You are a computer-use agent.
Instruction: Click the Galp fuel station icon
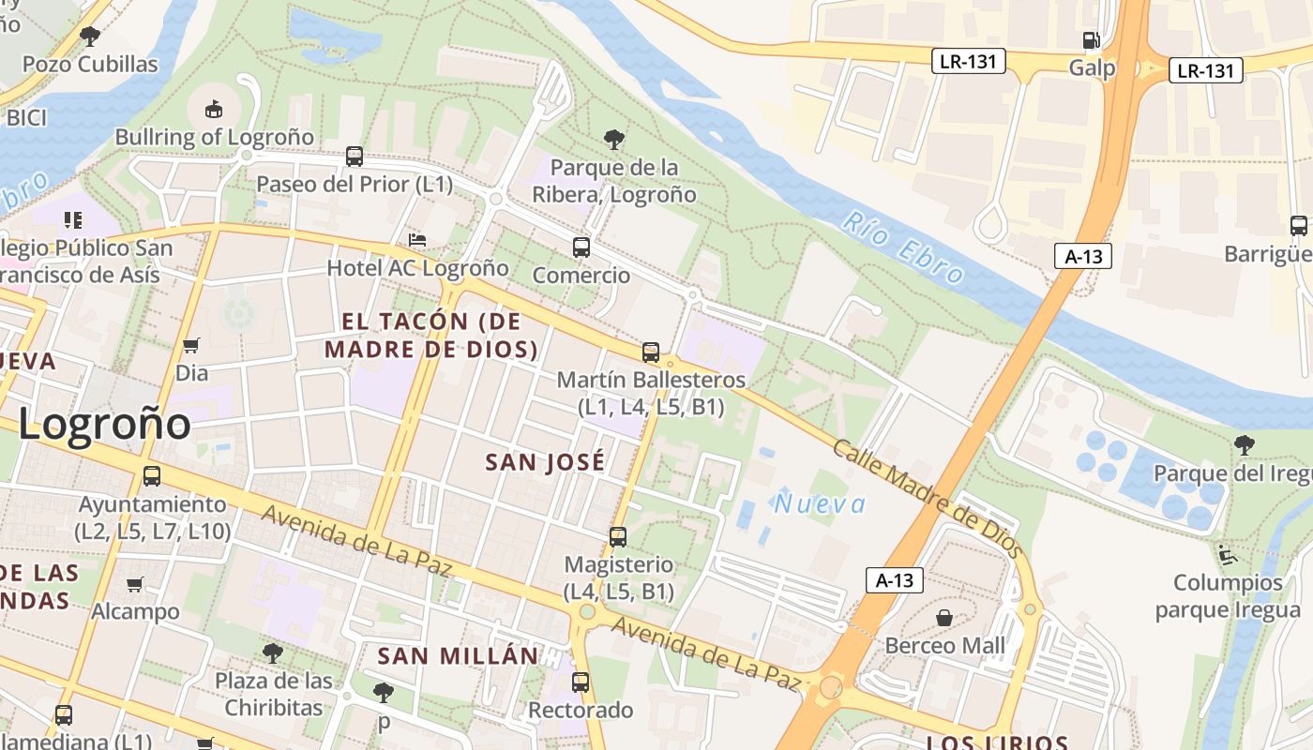(x=1091, y=39)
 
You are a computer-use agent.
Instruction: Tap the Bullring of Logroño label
(x=215, y=137)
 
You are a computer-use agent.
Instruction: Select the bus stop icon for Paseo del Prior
(x=354, y=157)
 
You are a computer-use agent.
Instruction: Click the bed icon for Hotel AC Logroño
(x=417, y=241)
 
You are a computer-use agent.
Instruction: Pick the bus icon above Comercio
(x=581, y=247)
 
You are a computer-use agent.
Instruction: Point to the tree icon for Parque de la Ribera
(x=614, y=141)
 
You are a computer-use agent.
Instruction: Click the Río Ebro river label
(x=902, y=248)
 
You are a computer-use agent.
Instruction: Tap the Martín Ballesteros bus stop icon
(x=651, y=352)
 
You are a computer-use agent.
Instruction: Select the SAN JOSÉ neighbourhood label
(x=545, y=462)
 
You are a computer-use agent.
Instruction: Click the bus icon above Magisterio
(x=617, y=537)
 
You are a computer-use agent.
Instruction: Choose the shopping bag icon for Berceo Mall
(x=944, y=618)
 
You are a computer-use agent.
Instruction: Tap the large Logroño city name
(x=104, y=424)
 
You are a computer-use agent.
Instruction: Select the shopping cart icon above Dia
(x=191, y=346)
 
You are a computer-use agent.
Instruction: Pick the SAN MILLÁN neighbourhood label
(x=459, y=656)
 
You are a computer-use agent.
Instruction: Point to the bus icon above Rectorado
(x=581, y=682)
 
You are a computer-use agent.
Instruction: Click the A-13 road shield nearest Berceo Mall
(x=894, y=580)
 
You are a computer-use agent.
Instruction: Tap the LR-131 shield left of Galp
(x=969, y=62)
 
